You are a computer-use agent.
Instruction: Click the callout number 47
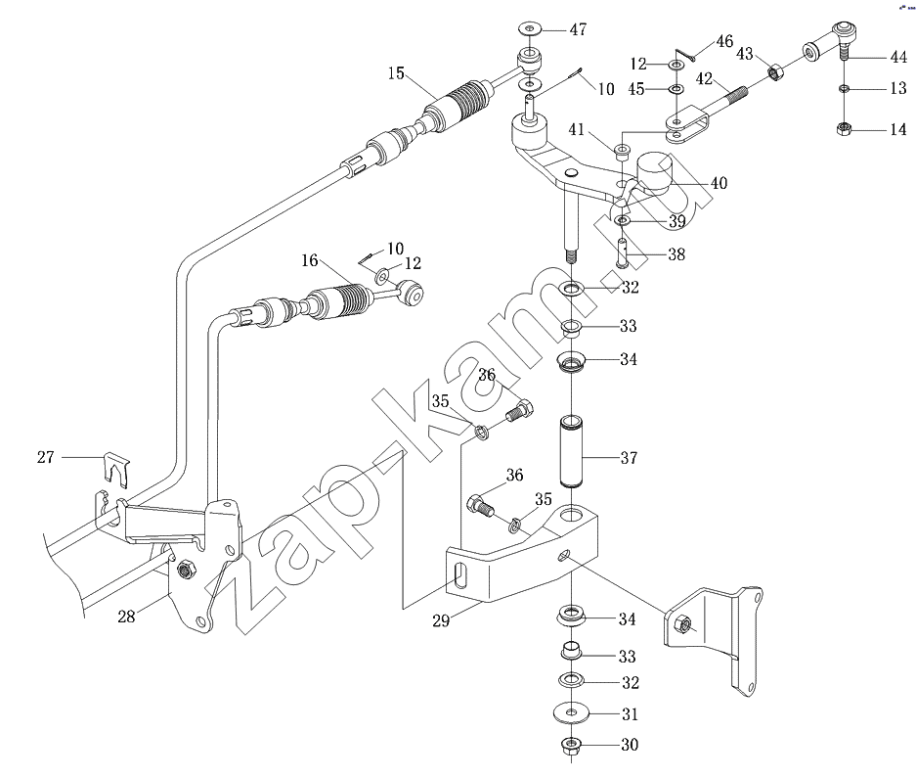click(578, 29)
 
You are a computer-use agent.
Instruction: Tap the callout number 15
click(396, 73)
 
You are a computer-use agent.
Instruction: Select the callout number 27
click(46, 457)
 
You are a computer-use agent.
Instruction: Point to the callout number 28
click(126, 616)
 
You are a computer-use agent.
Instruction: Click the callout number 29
click(441, 620)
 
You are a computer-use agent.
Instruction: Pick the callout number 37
click(629, 457)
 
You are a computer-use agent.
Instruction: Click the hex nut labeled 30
click(570, 746)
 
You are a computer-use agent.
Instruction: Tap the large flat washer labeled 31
click(571, 713)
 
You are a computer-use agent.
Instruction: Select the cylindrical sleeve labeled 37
click(571, 452)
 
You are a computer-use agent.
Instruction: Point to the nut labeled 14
click(844, 128)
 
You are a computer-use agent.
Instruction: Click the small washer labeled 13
click(844, 89)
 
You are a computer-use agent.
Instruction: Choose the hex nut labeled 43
click(774, 73)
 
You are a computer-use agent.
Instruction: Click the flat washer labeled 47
click(530, 28)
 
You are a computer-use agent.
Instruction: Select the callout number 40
click(719, 183)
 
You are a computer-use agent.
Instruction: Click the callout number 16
click(310, 260)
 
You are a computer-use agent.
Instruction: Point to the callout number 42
click(704, 78)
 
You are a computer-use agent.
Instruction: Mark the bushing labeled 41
click(622, 152)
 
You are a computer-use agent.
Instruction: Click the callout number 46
click(724, 41)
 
